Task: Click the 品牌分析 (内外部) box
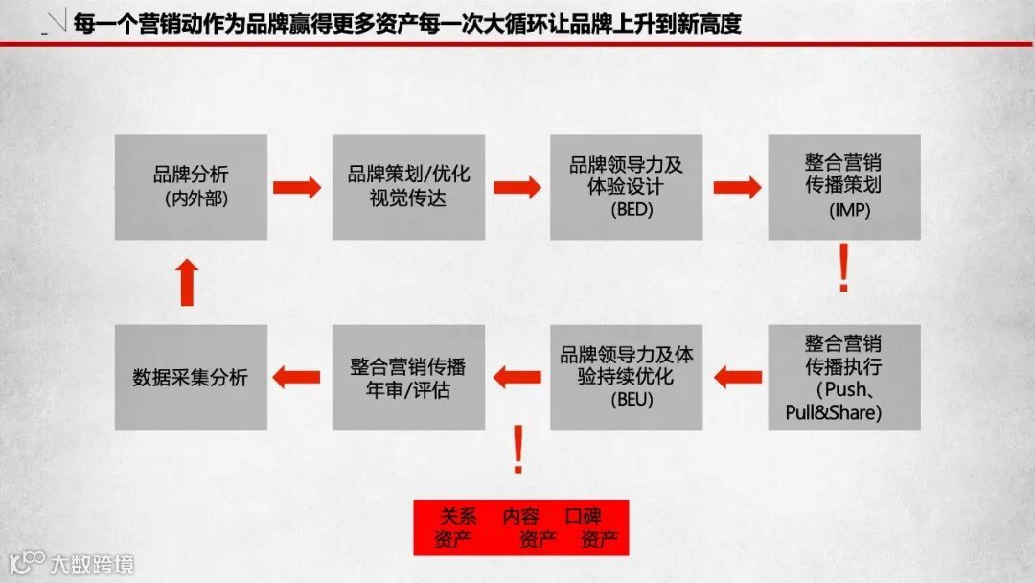[191, 187]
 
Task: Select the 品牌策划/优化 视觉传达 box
[408, 187]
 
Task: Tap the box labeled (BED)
[626, 187]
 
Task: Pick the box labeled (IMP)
[844, 187]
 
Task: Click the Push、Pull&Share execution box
[844, 377]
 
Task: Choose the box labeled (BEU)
[626, 377]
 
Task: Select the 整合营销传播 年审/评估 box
[408, 377]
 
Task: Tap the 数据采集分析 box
[191, 377]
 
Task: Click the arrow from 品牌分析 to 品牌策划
[298, 187]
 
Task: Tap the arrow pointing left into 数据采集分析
[297, 377]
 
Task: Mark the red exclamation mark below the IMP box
[843, 269]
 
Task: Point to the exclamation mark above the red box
[518, 452]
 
